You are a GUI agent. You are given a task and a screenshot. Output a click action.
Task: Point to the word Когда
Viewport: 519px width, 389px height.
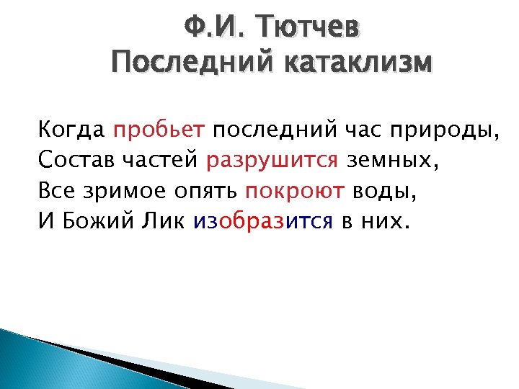tap(72, 130)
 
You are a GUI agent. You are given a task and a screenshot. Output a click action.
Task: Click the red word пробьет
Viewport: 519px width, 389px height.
tap(159, 132)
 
